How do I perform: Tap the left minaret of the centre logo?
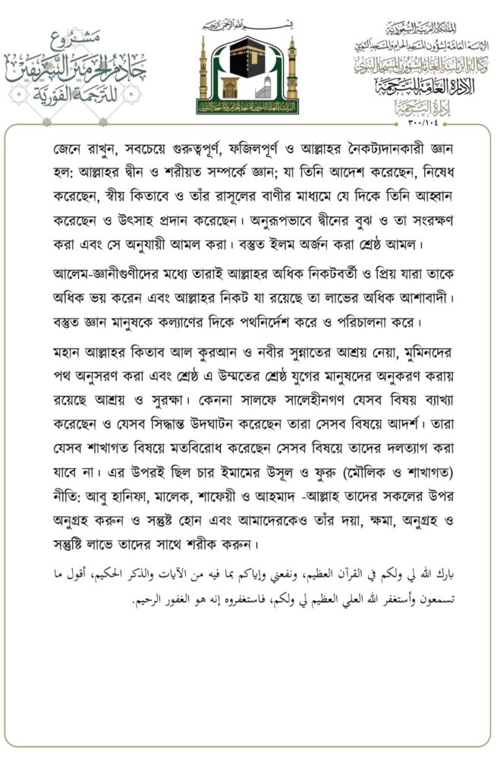point(203,73)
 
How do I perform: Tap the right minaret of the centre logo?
point(293,73)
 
